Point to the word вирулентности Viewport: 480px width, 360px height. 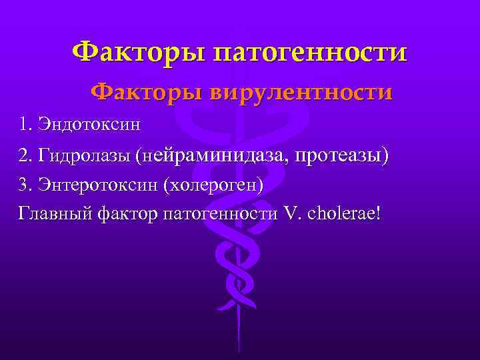(x=300, y=92)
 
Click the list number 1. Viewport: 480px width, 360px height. (x=25, y=124)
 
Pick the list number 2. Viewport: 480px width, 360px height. (x=25, y=155)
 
